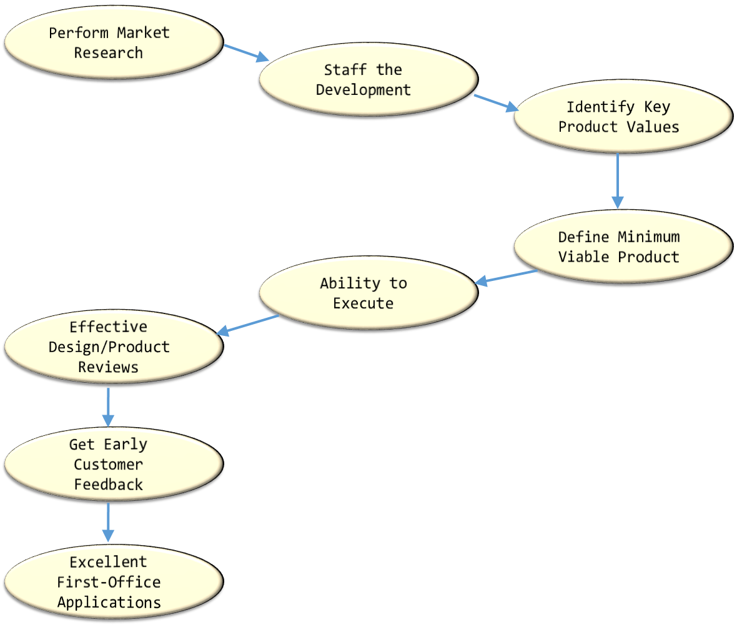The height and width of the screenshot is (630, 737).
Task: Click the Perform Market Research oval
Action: pos(114,42)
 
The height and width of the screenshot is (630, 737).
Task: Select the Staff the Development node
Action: pos(368,79)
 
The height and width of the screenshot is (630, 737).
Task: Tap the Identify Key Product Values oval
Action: pos(623,116)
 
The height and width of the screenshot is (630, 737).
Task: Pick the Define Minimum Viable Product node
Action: pos(623,247)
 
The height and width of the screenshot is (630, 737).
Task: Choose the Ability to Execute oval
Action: pos(368,293)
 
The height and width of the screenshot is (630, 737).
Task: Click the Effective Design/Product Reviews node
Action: pos(114,347)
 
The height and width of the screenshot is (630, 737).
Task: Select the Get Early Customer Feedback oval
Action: pos(114,464)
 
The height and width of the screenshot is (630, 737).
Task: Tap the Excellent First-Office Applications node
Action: pos(114,581)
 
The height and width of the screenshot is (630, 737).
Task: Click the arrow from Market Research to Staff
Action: pos(246,53)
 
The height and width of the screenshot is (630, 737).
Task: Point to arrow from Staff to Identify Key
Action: pos(496,103)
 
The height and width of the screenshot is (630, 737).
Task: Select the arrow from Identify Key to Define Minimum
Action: pos(618,180)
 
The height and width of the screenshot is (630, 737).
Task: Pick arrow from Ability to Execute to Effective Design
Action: pos(248,325)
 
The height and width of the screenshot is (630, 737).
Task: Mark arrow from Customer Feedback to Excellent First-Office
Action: pos(108,522)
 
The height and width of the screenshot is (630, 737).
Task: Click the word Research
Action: pos(109,53)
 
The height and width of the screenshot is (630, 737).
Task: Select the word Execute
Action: pos(363,303)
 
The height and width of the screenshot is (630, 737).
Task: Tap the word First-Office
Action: pos(109,582)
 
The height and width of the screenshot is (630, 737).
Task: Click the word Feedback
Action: pos(109,485)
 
